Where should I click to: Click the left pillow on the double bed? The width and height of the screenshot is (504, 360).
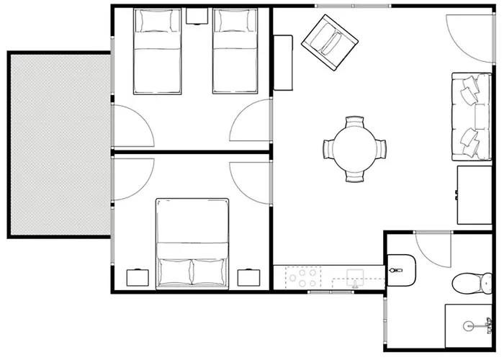174,272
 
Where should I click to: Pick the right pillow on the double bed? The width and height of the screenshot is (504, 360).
210,272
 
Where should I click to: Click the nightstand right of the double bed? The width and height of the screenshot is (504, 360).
248,278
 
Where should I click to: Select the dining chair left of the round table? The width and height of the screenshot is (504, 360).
328,149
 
